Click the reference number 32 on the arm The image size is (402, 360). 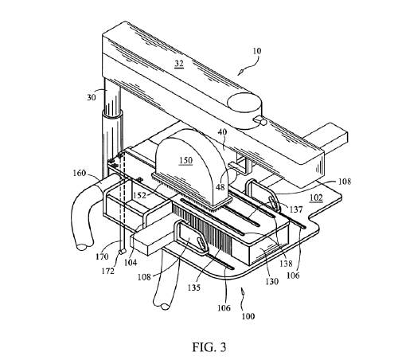[x=179, y=64]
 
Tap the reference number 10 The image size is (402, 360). [x=256, y=51]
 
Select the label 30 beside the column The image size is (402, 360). [x=92, y=97]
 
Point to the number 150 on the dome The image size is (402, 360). [x=185, y=160]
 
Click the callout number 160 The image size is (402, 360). [x=80, y=173]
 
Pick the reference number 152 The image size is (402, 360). [x=140, y=196]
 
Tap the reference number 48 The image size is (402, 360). [x=221, y=187]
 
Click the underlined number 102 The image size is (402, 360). [x=316, y=198]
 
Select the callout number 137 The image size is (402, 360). [x=296, y=209]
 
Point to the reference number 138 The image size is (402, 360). [x=286, y=263]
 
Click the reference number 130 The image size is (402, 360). [x=271, y=281]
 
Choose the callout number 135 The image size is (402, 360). [x=194, y=288]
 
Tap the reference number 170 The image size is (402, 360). [x=102, y=256]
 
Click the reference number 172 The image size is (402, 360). [x=107, y=271]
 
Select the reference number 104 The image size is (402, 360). [x=131, y=263]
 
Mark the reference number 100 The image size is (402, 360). [x=248, y=316]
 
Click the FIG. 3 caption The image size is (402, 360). [x=209, y=347]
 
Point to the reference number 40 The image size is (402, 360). [x=222, y=132]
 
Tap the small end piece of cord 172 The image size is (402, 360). [x=122, y=251]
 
